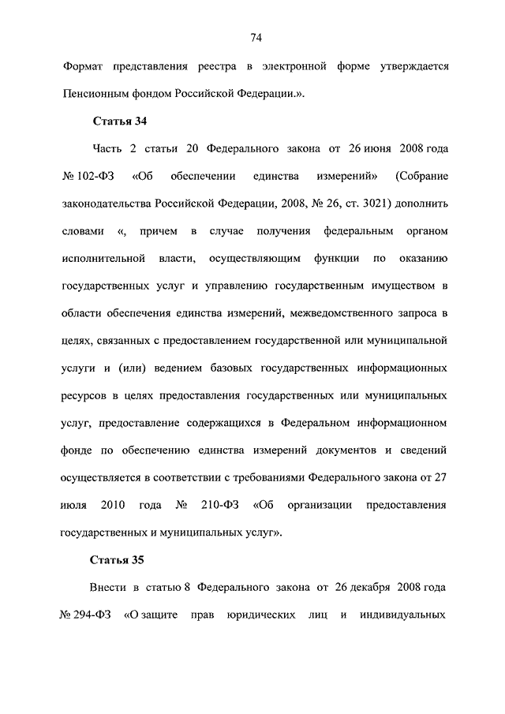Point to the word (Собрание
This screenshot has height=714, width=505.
click(423, 175)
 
